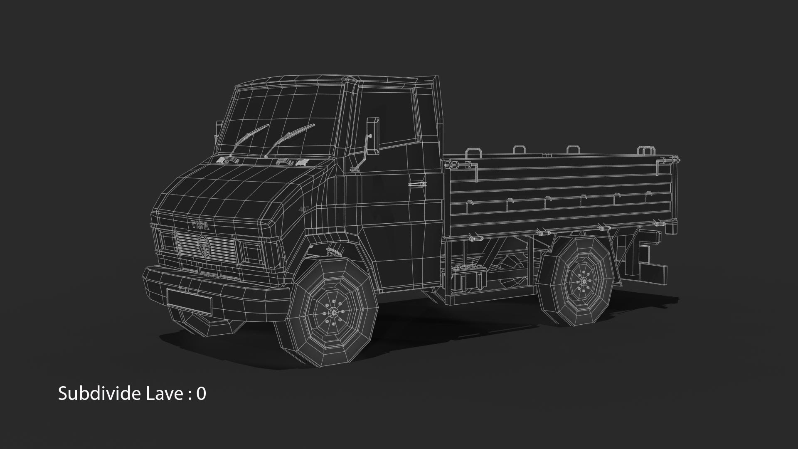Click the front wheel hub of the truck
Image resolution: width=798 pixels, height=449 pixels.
click(333, 312)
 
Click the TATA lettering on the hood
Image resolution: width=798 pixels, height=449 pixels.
click(201, 226)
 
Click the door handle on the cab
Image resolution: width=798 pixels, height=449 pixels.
click(417, 184)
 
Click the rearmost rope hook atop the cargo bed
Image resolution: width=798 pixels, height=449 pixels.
click(645, 150)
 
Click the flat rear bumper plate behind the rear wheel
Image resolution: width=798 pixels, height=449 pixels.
click(653, 272)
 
